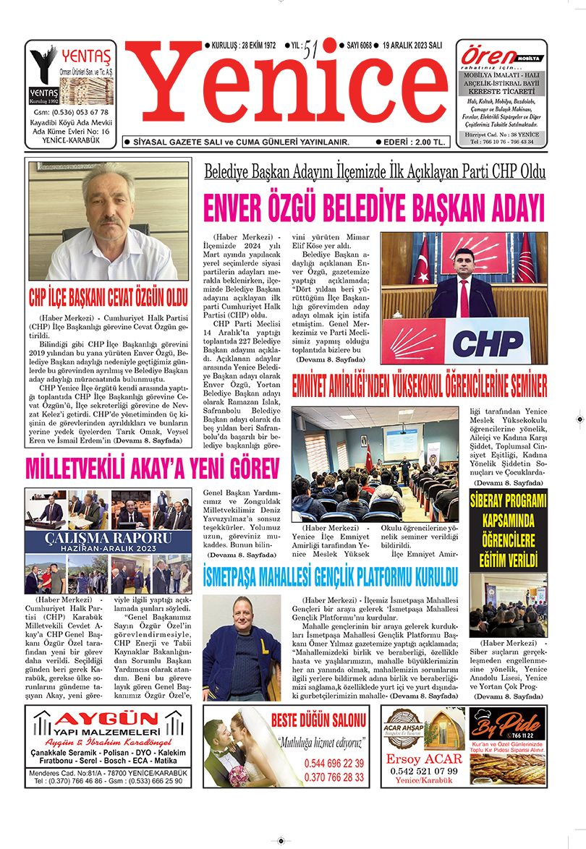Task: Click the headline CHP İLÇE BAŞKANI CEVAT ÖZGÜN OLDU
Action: point(109,296)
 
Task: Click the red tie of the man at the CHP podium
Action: point(464,296)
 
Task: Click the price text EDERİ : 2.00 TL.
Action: point(413,142)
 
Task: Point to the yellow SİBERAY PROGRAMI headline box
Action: point(508,531)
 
